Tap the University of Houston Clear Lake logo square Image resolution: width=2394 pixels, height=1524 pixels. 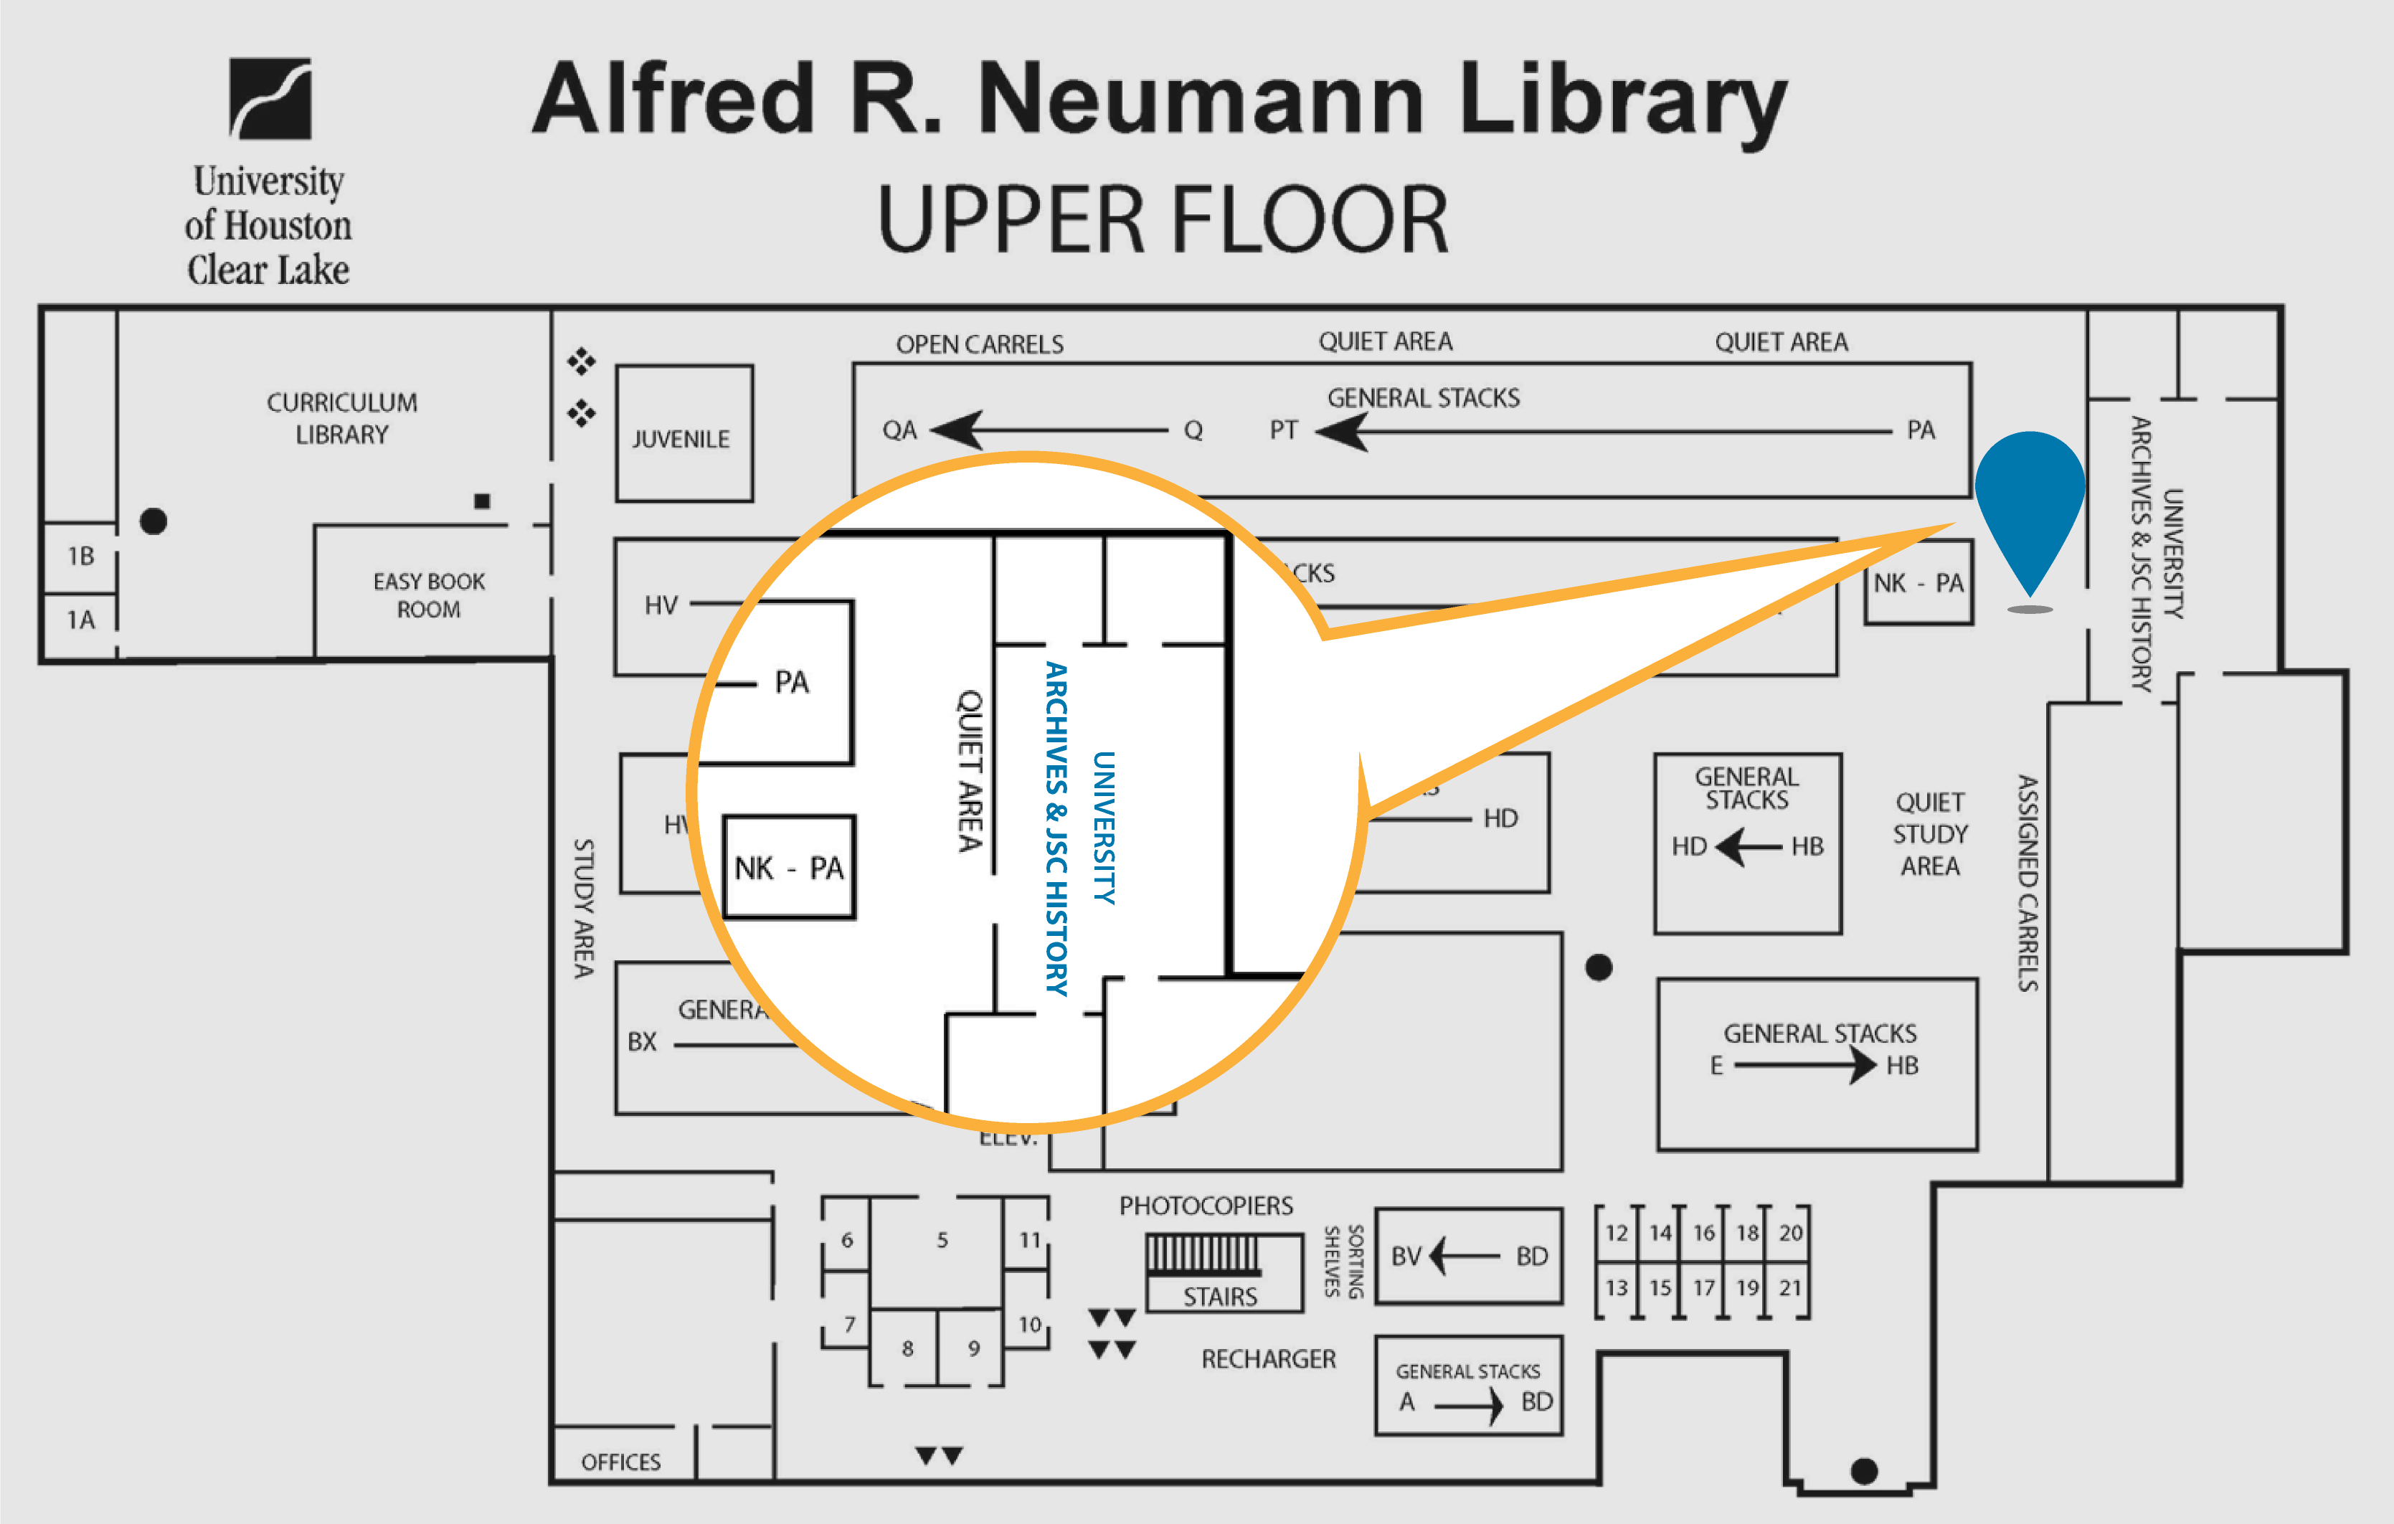point(270,98)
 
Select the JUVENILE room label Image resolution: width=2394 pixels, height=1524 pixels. point(681,438)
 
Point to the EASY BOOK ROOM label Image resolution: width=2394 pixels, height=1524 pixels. point(428,595)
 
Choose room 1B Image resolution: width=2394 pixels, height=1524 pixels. point(80,556)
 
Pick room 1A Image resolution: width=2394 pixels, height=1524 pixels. point(80,620)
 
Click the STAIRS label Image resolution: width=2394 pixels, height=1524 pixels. point(1220,1297)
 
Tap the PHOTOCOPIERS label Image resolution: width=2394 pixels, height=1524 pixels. point(1206,1206)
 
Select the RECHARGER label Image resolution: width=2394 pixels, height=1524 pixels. point(1269,1359)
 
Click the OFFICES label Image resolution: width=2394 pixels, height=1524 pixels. point(620,1462)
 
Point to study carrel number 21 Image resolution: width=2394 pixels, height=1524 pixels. point(1789,1287)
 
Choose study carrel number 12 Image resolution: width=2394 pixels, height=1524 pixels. point(1617,1233)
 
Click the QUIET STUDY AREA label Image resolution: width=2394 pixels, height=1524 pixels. point(1930,834)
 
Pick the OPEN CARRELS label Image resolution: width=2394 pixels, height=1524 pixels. point(979,344)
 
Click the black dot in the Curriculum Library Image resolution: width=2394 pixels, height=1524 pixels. point(153,521)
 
